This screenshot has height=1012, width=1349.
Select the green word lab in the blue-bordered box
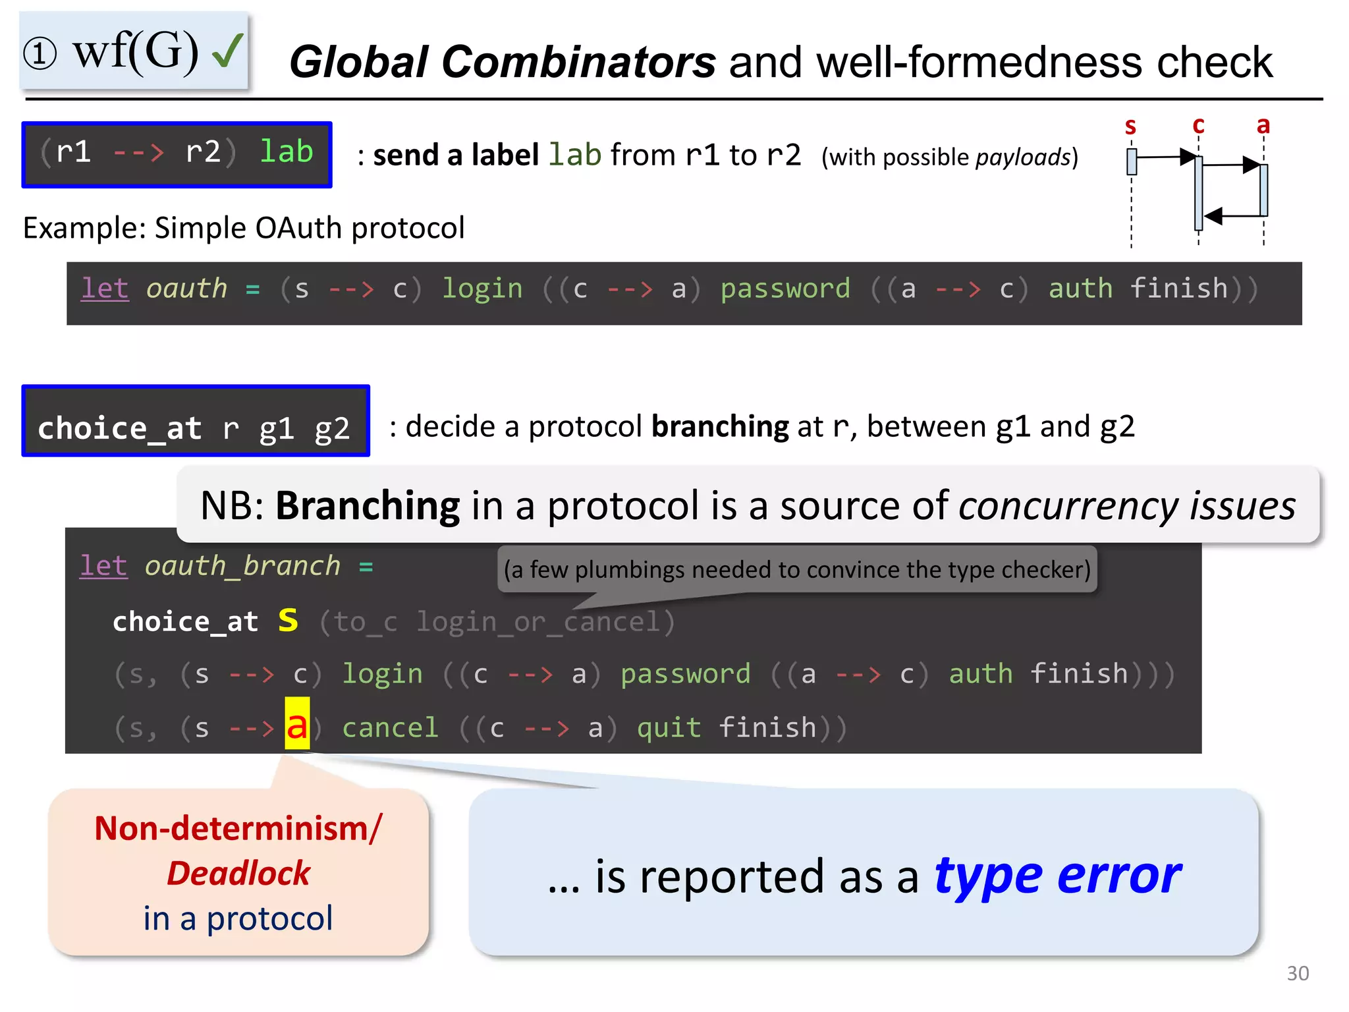(286, 152)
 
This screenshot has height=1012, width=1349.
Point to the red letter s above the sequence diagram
(1130, 125)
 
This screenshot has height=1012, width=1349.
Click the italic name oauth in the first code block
(186, 289)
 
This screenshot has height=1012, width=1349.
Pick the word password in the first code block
(785, 289)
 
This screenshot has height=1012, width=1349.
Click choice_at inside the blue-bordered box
(119, 428)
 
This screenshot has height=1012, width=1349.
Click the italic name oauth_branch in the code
(242, 566)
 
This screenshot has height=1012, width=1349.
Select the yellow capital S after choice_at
(288, 621)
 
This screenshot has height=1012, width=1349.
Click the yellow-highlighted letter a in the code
(297, 725)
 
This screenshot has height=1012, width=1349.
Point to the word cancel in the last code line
(390, 728)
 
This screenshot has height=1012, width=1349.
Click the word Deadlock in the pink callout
(238, 873)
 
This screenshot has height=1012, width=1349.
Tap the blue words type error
(1057, 876)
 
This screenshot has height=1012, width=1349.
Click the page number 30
(1298, 973)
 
